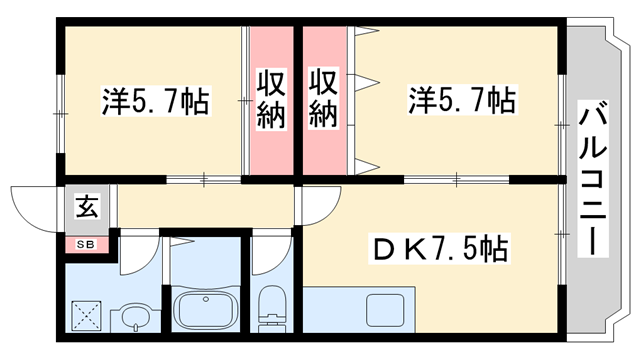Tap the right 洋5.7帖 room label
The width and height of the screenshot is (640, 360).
(x=461, y=100)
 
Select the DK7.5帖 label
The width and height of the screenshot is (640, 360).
(x=441, y=247)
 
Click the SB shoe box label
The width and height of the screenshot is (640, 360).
(x=84, y=243)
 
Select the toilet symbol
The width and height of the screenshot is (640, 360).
(x=271, y=306)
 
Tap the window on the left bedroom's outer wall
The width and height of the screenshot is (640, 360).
(x=59, y=100)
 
